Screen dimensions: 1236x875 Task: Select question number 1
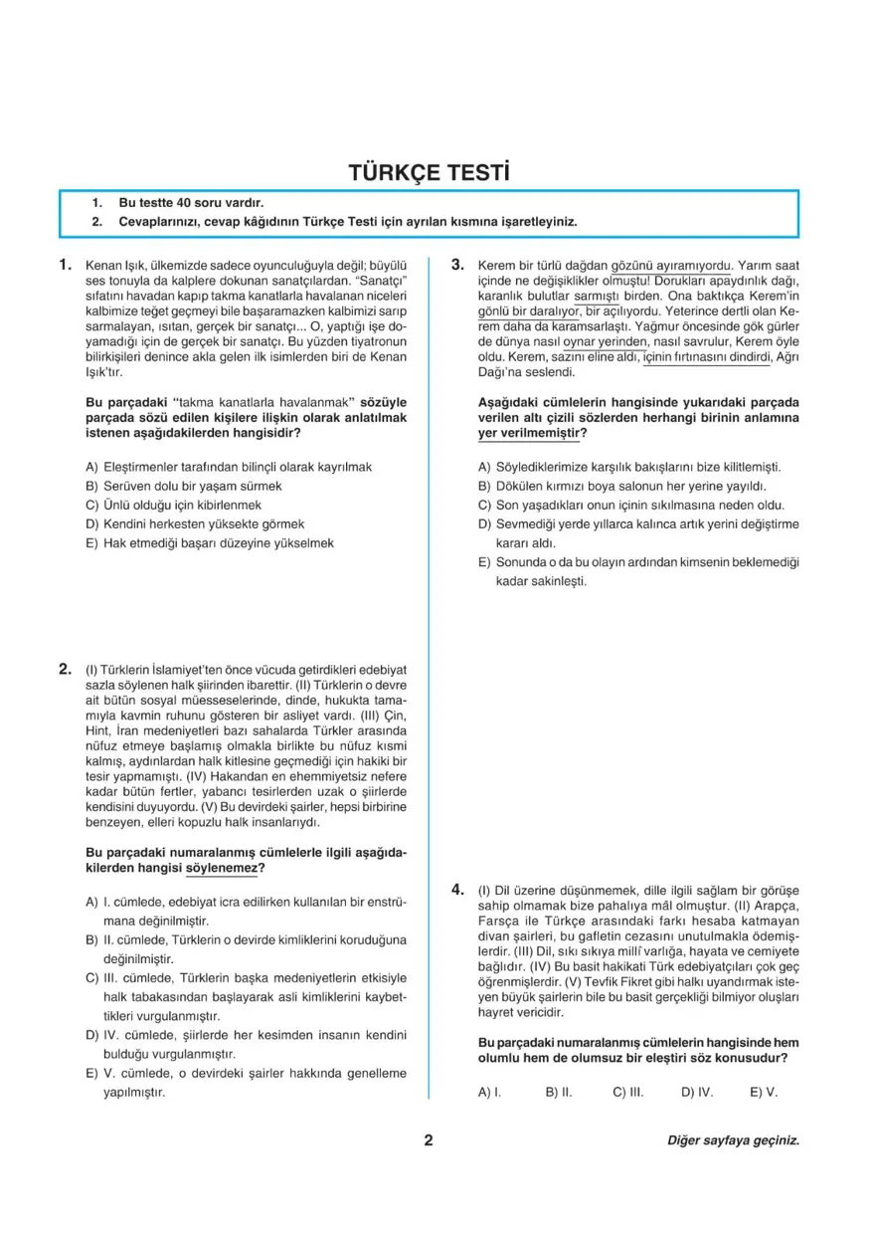(x=65, y=266)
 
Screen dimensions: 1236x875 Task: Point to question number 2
(x=65, y=669)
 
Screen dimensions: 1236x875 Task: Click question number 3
(x=458, y=266)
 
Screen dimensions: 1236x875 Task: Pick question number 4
(x=458, y=889)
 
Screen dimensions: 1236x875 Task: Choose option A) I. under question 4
(x=489, y=1092)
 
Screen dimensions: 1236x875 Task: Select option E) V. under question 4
(x=764, y=1092)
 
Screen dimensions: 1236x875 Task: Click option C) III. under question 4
(x=628, y=1092)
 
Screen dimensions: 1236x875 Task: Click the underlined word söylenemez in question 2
(x=225, y=869)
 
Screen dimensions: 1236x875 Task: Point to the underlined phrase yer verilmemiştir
(x=532, y=434)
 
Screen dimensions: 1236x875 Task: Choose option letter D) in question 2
(x=92, y=1036)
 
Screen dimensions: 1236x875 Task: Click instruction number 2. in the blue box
(x=97, y=222)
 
